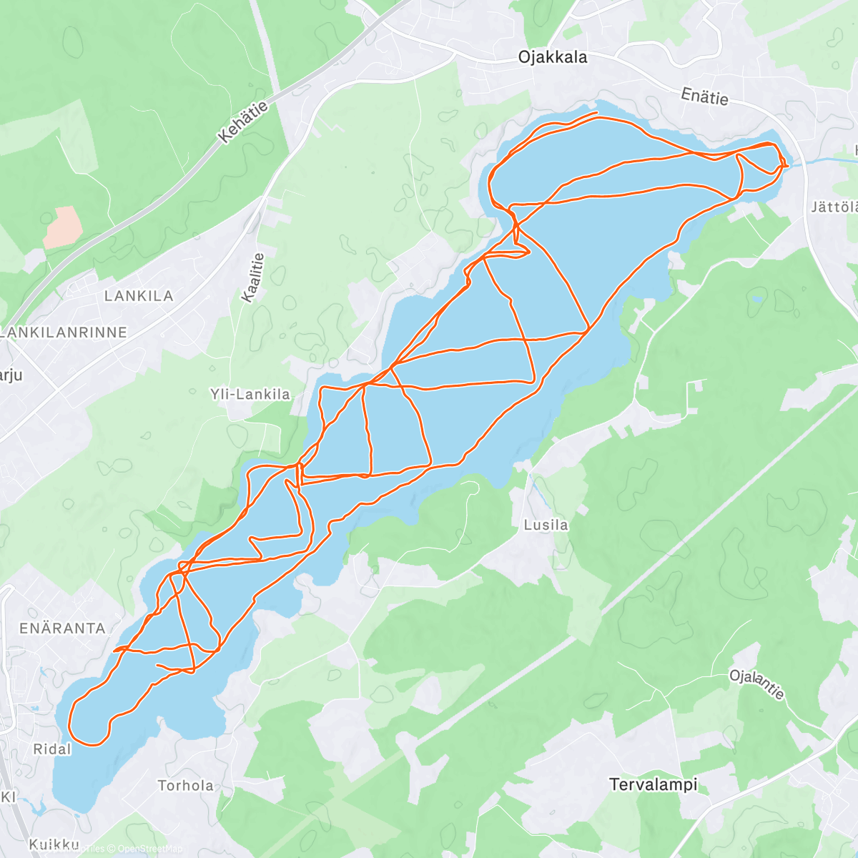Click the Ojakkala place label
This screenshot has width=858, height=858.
553,57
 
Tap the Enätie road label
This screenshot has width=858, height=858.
704,97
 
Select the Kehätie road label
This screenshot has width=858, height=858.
244,122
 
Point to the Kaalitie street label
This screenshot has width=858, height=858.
253,277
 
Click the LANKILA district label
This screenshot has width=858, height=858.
139,296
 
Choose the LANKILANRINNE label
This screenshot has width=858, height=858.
64,332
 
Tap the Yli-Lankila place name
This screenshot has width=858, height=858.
250,394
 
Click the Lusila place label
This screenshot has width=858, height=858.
546,525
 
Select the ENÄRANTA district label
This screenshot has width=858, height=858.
62,628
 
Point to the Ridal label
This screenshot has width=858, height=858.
52,749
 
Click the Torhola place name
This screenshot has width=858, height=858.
185,786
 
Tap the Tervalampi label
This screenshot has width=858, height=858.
654,784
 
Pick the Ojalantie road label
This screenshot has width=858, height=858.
757,684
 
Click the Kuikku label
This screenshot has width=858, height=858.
54,844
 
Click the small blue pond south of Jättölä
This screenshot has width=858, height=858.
756,300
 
